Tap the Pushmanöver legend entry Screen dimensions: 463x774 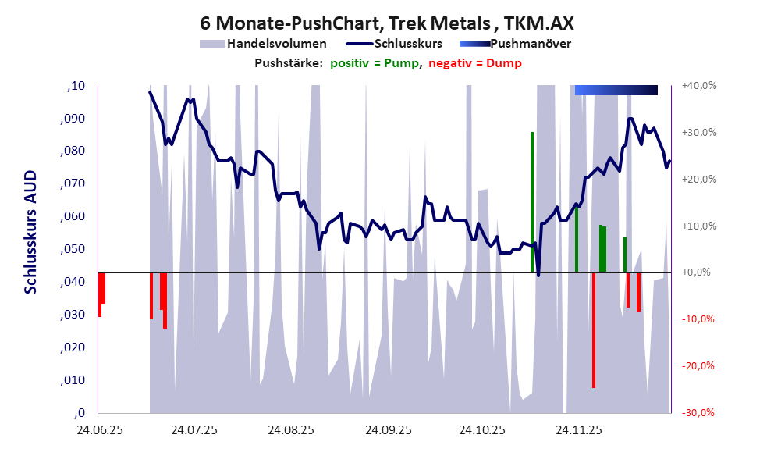tap(530, 44)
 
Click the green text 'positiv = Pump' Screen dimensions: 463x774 tap(375, 62)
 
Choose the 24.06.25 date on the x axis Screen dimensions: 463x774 tap(99, 430)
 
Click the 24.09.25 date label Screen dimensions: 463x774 tap(387, 430)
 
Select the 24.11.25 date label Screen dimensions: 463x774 tap(578, 430)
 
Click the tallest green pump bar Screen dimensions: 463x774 tap(532, 202)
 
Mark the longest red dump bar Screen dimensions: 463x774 tap(594, 329)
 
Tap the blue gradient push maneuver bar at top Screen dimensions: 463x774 tap(616, 91)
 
